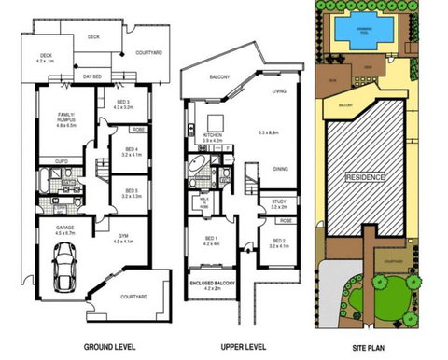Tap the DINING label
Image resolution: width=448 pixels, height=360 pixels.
(x=279, y=168)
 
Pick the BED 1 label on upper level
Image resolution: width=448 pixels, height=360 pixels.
(x=213, y=239)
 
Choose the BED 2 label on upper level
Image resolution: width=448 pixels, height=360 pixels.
(x=277, y=242)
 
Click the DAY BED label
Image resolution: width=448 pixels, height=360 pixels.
(x=91, y=75)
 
